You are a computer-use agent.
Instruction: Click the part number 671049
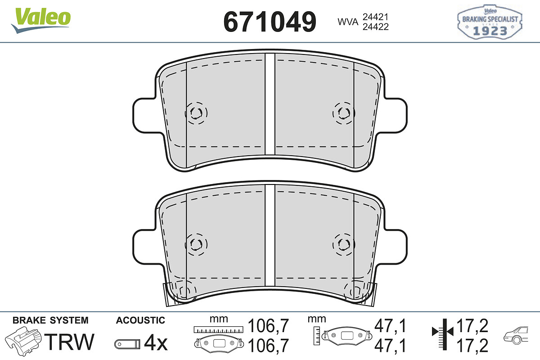(270, 22)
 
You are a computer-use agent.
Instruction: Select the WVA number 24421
(376, 17)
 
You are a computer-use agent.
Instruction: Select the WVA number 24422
(376, 27)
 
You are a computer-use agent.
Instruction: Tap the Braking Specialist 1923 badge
(490, 22)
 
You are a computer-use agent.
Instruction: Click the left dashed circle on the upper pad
(196, 113)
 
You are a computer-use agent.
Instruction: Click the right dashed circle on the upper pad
(344, 113)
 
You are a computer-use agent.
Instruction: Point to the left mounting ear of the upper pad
(144, 116)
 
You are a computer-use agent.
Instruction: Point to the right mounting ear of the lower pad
(396, 247)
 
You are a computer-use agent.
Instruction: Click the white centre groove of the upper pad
(270, 104)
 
